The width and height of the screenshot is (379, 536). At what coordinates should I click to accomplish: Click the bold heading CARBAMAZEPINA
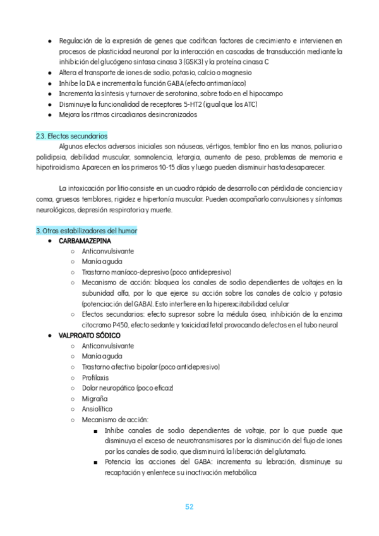(85, 241)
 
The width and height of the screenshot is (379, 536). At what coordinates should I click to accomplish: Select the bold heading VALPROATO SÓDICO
(90, 335)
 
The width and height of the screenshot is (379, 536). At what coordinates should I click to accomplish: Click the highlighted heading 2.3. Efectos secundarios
(72, 136)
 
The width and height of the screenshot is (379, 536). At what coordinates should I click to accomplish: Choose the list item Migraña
(95, 398)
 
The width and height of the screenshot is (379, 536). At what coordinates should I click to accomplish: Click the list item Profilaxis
(95, 377)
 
